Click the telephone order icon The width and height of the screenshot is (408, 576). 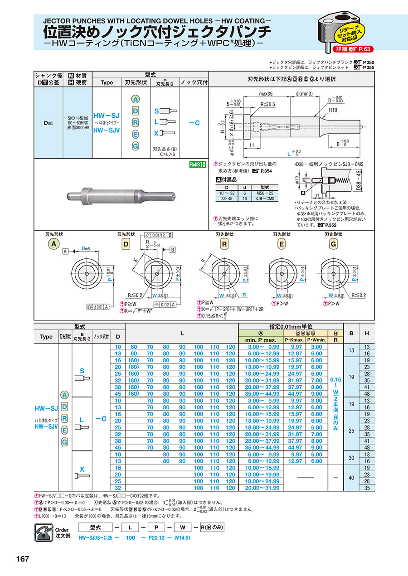click(x=44, y=531)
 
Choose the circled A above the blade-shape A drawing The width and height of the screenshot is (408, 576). click(x=53, y=243)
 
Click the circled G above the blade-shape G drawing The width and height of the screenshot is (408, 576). click(x=333, y=243)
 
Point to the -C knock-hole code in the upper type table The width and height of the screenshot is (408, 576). click(x=194, y=122)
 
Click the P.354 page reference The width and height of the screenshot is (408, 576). click(x=265, y=170)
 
